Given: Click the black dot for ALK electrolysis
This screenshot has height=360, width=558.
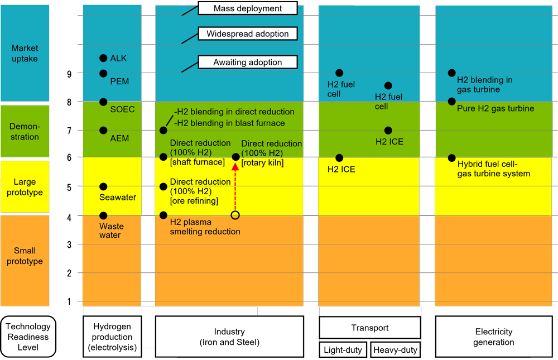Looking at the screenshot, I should click(x=103, y=58).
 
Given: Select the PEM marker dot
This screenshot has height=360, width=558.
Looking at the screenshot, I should click(x=103, y=73).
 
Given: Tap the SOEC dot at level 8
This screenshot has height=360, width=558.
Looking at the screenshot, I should click(x=103, y=102).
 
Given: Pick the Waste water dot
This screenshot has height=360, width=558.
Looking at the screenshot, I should click(x=103, y=215).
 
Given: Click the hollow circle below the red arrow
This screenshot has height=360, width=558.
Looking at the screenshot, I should click(x=235, y=215).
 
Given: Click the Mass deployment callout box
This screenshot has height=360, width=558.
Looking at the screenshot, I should click(x=248, y=8).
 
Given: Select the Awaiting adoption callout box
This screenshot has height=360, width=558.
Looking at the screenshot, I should click(x=248, y=63).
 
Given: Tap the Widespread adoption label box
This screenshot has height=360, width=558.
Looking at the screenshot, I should click(x=248, y=34).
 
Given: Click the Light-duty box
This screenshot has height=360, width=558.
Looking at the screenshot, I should click(x=343, y=350).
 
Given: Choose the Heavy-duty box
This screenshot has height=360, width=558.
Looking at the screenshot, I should click(x=395, y=350).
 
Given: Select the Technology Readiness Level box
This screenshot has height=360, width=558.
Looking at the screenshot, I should click(x=28, y=337).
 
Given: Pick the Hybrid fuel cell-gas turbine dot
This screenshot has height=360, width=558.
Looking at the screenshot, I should click(x=452, y=158).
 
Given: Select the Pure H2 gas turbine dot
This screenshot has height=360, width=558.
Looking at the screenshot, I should click(x=452, y=102).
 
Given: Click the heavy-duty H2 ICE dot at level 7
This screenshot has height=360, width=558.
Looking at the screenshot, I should click(x=388, y=131).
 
